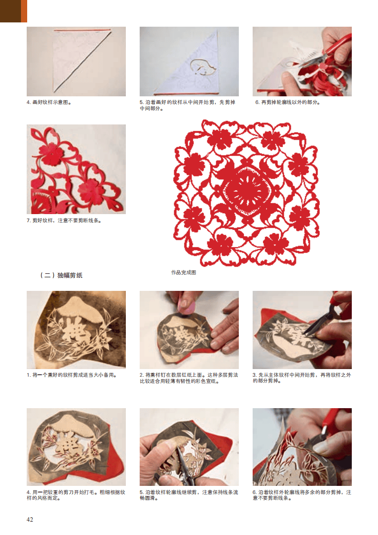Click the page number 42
click(x=30, y=519)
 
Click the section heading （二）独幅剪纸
click(x=61, y=275)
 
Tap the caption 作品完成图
click(x=184, y=272)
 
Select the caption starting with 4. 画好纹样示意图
click(x=49, y=102)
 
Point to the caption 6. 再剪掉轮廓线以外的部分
click(x=287, y=102)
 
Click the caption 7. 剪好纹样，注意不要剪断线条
click(x=64, y=220)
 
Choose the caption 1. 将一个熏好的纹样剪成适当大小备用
click(x=72, y=375)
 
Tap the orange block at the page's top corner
click(x=24, y=11)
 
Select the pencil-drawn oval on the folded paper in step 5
click(x=203, y=67)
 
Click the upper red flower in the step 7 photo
click(x=51, y=154)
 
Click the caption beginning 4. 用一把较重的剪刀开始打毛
click(x=76, y=495)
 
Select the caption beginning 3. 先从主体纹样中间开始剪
click(x=302, y=378)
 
